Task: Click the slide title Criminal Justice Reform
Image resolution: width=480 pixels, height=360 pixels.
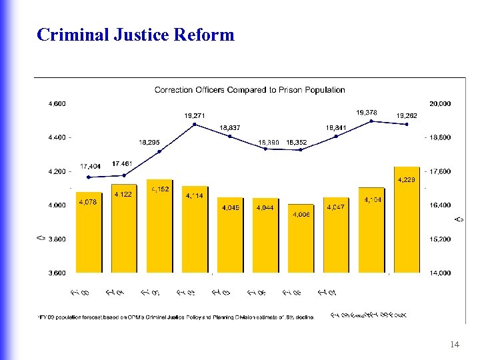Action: click(136, 35)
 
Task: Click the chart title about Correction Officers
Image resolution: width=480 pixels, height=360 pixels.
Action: click(249, 89)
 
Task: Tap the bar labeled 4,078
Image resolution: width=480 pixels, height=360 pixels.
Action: click(89, 233)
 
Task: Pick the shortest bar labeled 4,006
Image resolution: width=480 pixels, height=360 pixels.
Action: click(301, 240)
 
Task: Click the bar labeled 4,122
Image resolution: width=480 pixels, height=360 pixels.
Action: click(124, 230)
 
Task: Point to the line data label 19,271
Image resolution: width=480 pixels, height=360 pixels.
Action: click(195, 115)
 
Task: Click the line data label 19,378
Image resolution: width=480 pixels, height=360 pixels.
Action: click(367, 113)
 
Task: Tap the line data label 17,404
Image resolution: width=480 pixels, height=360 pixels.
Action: click(91, 166)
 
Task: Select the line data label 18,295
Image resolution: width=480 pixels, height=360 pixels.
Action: click(149, 142)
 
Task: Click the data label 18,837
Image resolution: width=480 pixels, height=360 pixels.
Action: click(230, 127)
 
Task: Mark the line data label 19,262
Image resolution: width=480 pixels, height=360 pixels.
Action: click(407, 115)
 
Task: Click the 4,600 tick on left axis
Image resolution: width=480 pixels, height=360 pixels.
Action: click(57, 103)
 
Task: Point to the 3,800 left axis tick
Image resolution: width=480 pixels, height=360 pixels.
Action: click(57, 239)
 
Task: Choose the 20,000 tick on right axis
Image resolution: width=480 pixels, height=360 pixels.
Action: click(440, 103)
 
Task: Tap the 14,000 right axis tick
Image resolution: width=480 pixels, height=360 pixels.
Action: click(440, 273)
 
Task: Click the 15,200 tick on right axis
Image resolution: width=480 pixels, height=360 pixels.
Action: click(440, 239)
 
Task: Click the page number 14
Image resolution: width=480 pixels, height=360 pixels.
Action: click(455, 344)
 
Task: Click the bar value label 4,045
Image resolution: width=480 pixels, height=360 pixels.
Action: click(230, 207)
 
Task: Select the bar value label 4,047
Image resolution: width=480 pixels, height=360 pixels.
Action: click(336, 207)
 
